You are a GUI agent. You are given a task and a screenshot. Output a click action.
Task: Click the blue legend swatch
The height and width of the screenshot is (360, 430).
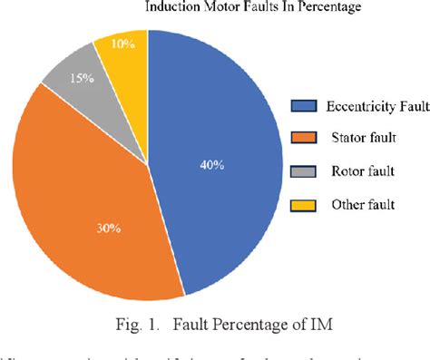tap(305, 106)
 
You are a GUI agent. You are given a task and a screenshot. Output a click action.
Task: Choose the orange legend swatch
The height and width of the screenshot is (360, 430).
tap(305, 139)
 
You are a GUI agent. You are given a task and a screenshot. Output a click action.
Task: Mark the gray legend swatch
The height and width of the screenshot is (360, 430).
tap(305, 171)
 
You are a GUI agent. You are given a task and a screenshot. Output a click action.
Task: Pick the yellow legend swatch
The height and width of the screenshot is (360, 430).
tap(305, 204)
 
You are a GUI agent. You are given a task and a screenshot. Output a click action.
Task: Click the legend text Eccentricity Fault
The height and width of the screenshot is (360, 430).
tap(372, 106)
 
